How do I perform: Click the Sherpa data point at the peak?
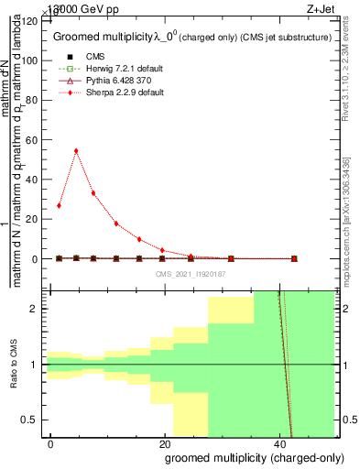[76, 151]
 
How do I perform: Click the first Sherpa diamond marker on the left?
[59, 205]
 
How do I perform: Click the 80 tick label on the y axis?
[34, 100]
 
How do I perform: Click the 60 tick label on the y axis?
[34, 139]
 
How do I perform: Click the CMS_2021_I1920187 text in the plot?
[191, 273]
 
